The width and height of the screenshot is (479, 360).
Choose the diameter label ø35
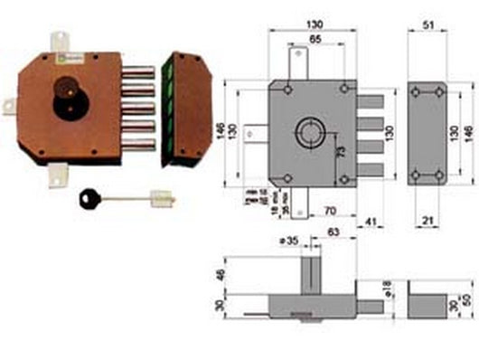[288, 242]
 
